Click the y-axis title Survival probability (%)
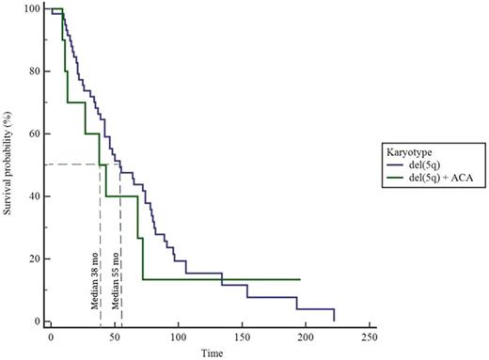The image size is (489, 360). pyautogui.click(x=8, y=164)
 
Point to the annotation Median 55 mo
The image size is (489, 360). pyautogui.click(x=114, y=281)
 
